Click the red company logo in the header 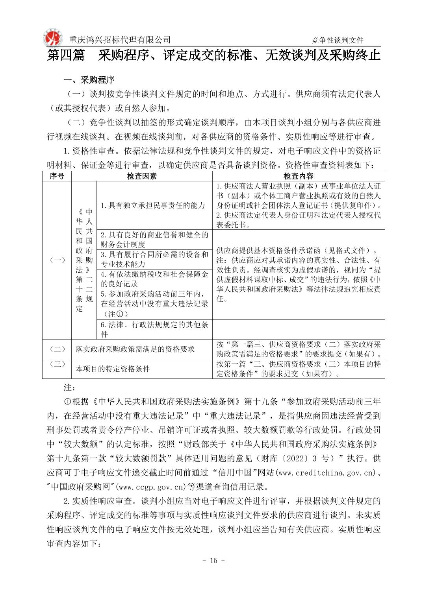coord(52,38)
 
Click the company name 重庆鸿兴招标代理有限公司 coord(120,40)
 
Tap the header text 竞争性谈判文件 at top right coord(338,40)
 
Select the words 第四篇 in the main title coord(66,55)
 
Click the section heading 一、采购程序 coord(89,80)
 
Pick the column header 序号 coord(57,176)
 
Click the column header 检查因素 coord(142,176)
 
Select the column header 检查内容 coord(298,176)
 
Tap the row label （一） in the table coord(57,260)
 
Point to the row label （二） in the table coord(57,349)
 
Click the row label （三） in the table coord(57,364)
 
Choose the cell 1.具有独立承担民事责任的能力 coord(153,205)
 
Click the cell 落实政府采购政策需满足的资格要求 coord(135,349)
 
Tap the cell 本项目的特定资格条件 coord(113,369)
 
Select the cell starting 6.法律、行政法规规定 coord(154,329)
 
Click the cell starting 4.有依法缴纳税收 coord(154,279)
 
